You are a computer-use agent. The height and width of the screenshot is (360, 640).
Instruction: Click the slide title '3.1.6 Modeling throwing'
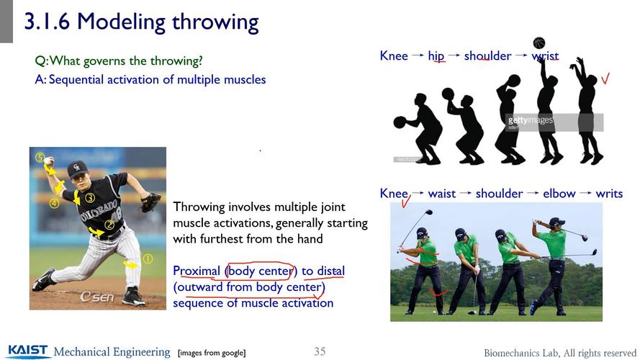(x=141, y=22)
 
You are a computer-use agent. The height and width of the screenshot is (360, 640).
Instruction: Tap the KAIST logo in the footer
(x=29, y=351)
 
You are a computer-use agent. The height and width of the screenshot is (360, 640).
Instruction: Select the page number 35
(x=320, y=351)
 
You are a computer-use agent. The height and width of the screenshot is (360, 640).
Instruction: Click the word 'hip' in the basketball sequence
(x=436, y=55)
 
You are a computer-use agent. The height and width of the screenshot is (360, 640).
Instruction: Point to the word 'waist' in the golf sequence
(x=442, y=193)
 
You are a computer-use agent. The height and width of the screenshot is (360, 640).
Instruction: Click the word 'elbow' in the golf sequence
(x=559, y=193)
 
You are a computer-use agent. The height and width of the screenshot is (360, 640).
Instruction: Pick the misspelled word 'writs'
(x=609, y=193)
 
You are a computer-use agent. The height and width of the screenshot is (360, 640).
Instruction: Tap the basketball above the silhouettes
(x=538, y=43)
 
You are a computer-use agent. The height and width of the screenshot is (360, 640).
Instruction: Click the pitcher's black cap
(x=77, y=168)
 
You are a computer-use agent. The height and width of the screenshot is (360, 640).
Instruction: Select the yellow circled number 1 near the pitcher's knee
(x=148, y=258)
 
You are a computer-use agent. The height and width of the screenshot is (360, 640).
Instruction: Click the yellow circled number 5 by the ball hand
(x=40, y=157)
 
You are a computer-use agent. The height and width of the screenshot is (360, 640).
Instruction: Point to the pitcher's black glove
(x=150, y=202)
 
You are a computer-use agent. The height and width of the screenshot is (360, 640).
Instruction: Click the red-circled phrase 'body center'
(x=260, y=271)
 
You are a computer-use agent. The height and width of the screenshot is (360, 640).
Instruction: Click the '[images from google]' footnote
(x=212, y=352)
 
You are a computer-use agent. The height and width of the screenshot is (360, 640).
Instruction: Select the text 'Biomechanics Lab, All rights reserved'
(x=560, y=352)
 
